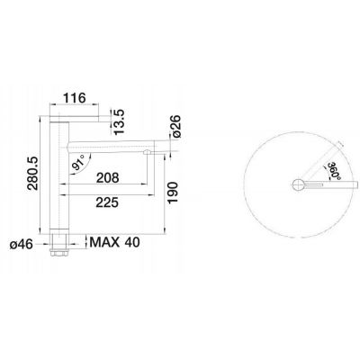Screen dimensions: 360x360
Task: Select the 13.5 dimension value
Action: point(118,117)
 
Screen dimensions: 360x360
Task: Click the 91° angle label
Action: point(77,165)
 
